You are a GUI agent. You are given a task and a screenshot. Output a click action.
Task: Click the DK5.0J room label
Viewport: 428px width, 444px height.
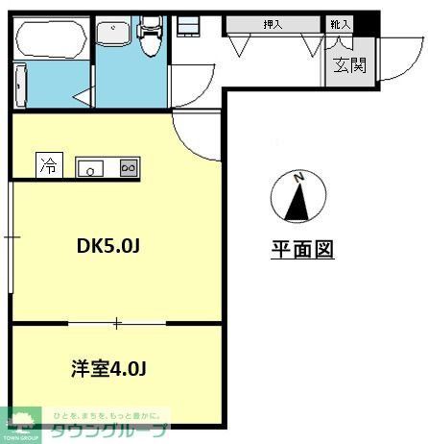tap(108, 245)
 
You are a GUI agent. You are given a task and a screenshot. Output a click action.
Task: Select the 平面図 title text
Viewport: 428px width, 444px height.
tap(300, 250)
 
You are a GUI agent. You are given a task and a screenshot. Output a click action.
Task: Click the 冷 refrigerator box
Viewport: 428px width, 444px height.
tap(47, 166)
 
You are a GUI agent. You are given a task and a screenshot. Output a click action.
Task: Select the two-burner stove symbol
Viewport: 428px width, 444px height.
tap(129, 167)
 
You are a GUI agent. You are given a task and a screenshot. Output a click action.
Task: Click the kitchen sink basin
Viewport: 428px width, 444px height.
tap(88, 168)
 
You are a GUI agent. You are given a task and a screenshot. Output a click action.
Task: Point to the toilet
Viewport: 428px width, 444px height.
tap(150, 38)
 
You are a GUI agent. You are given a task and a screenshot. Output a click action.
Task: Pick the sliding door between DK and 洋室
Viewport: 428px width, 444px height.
tap(117, 323)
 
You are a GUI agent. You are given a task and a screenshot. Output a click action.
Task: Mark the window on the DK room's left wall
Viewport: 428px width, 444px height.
tap(10, 234)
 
